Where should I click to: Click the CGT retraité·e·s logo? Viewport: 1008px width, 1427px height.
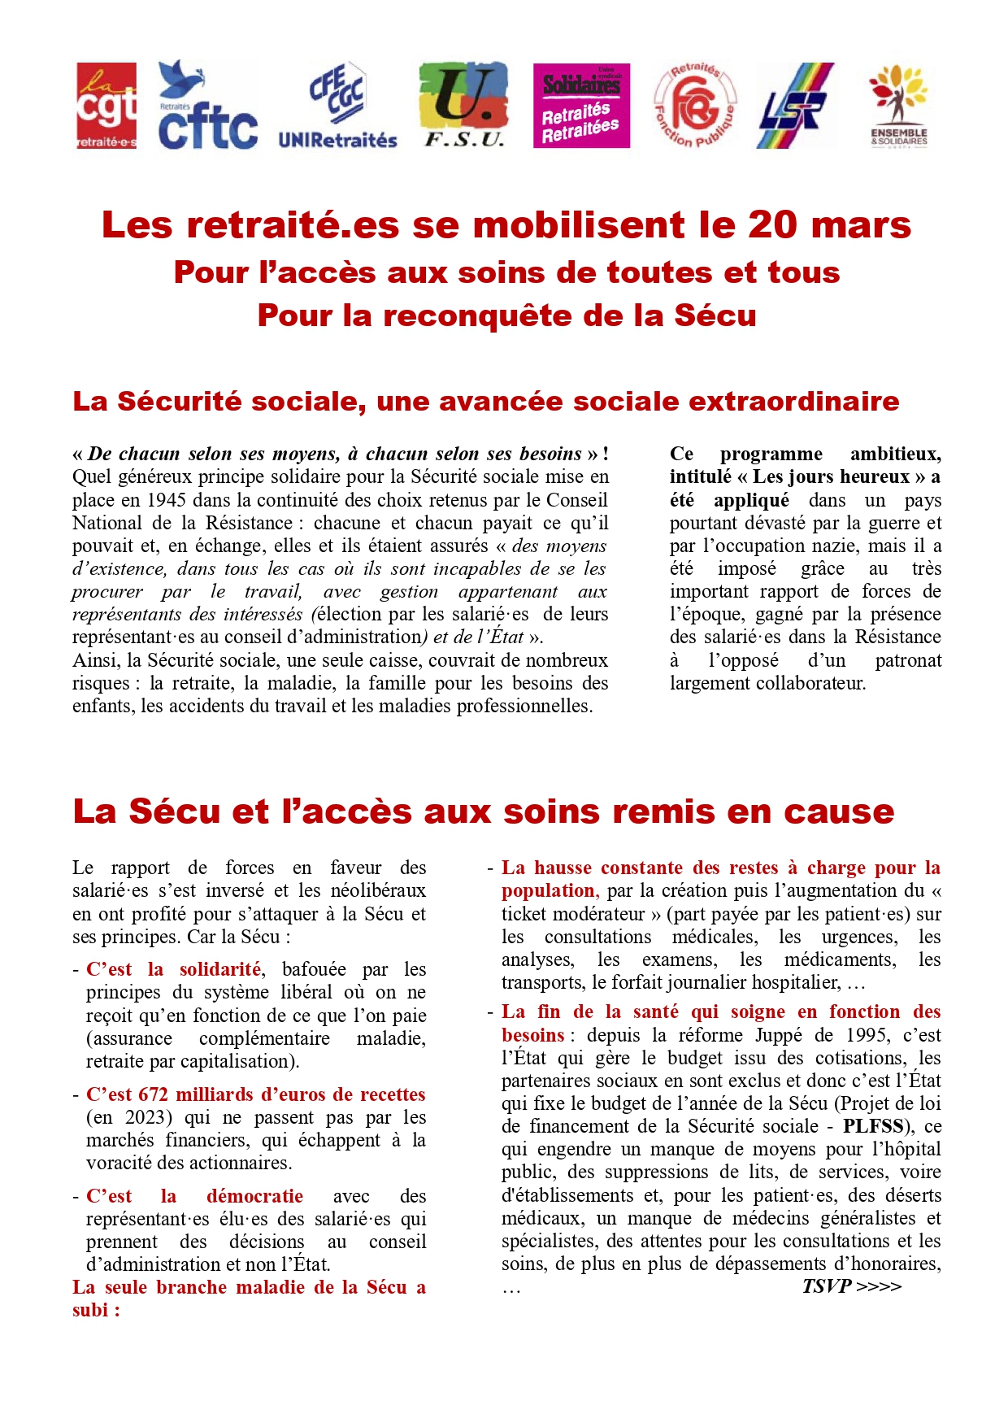point(106,106)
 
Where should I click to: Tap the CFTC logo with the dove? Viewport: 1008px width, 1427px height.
point(207,106)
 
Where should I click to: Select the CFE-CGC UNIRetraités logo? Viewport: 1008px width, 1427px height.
point(337,106)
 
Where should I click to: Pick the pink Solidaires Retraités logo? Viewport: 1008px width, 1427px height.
point(581,106)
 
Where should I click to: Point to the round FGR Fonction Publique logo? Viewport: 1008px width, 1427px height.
point(695,106)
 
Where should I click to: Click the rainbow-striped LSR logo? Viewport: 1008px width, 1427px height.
point(795,106)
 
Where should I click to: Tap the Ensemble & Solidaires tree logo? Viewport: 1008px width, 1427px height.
point(898,106)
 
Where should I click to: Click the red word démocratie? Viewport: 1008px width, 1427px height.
point(254,1196)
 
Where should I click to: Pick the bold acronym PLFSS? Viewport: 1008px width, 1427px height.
point(873,1126)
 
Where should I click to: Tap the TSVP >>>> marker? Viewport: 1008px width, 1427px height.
point(851,1286)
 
